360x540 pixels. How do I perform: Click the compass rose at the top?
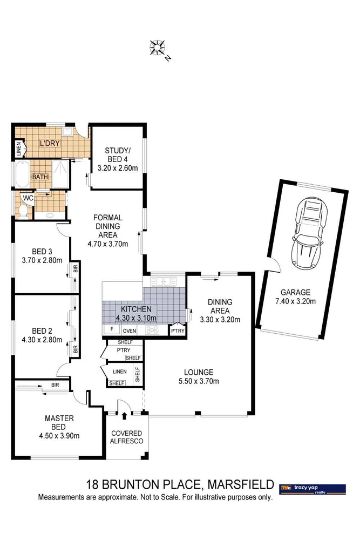158,48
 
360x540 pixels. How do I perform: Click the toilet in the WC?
23,208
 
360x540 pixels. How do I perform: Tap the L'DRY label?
48,144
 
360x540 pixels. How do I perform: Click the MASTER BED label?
59,423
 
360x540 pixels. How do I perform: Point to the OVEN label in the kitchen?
130,331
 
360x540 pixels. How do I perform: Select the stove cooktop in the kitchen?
152,330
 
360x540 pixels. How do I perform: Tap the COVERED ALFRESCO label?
126,437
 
